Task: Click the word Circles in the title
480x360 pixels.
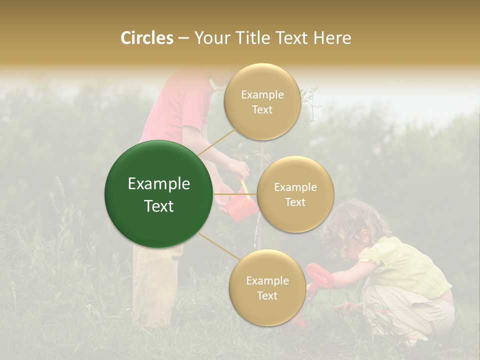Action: click(x=147, y=38)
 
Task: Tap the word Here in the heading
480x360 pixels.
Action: click(x=332, y=38)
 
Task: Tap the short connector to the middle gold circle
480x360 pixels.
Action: click(x=235, y=194)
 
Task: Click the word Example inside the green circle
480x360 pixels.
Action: click(x=159, y=184)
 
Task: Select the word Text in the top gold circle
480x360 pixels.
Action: click(x=262, y=110)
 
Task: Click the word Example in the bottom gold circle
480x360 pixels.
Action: click(x=267, y=280)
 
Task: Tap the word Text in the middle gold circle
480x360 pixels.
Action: click(x=295, y=202)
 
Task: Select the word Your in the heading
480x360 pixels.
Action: click(x=210, y=38)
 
